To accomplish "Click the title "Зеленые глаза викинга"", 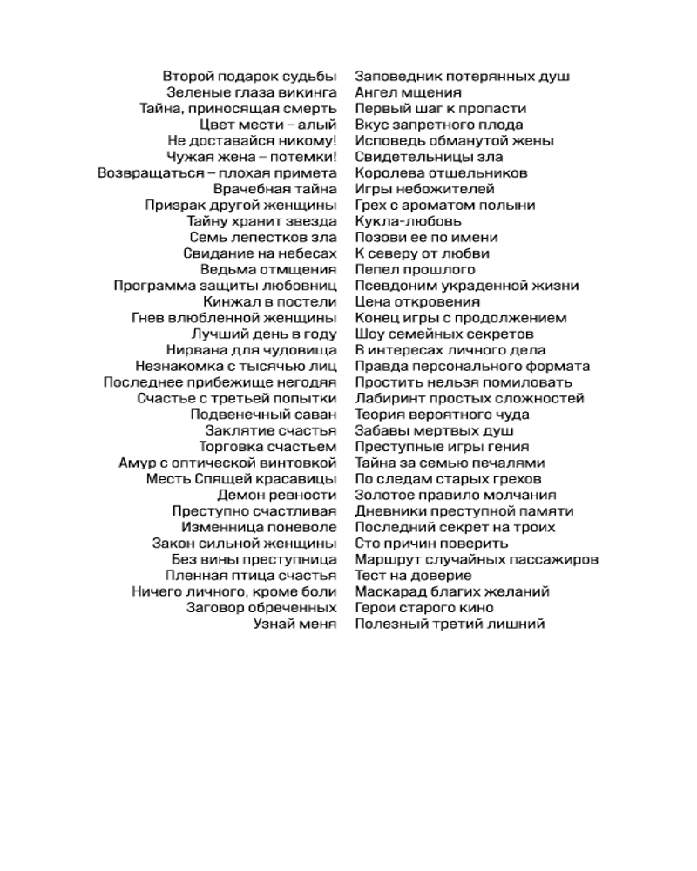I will point(251,92).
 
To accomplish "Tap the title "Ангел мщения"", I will point(408,92).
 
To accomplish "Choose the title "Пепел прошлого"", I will point(415,270).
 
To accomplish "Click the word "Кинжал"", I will point(227,302).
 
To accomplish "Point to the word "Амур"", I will point(137,463).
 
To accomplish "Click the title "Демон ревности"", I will point(277,495).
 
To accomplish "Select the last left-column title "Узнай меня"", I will point(294,625).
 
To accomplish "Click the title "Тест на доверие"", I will point(413,576).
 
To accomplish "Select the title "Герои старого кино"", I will point(424,608).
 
